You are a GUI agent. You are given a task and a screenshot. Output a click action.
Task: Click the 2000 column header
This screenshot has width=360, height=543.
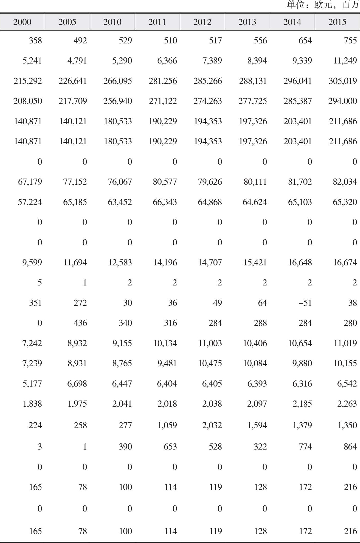tap(22, 22)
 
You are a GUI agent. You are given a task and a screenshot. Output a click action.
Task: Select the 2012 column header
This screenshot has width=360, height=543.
tap(202, 22)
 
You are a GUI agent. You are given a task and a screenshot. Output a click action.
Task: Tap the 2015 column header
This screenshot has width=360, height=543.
tap(337, 22)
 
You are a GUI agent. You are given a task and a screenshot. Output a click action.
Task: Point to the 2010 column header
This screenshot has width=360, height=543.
tap(112, 22)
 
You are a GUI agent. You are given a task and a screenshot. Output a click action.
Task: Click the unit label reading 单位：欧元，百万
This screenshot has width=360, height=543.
tap(322, 5)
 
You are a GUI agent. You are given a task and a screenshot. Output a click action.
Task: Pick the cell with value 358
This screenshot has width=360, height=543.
tap(35, 40)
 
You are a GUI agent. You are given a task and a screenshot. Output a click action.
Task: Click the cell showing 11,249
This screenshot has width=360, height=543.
tap(345, 61)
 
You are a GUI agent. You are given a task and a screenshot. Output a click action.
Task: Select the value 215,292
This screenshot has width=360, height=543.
tap(28, 81)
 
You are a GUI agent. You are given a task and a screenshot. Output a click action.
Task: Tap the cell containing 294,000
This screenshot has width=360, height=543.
tap(342, 101)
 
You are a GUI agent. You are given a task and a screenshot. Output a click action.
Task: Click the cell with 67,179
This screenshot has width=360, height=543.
tap(30, 182)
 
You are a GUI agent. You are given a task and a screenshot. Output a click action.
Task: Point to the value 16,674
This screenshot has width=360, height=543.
tap(345, 262)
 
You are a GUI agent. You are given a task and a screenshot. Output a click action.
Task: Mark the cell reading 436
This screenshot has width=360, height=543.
tap(80, 323)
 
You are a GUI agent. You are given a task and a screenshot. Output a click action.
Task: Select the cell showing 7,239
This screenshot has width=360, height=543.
tap(32, 363)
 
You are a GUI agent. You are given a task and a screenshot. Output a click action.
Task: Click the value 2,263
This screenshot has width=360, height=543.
tap(347, 404)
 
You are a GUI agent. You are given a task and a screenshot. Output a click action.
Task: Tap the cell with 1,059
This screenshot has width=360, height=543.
tap(167, 425)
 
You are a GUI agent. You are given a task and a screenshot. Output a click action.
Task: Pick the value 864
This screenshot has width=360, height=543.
tap(350, 446)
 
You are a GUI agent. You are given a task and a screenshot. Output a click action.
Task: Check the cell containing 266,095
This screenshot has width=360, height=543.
tap(118, 81)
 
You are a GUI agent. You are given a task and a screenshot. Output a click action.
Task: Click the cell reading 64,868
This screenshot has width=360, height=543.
tap(210, 202)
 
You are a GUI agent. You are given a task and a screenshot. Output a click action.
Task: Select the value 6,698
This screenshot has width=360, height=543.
tap(77, 384)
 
